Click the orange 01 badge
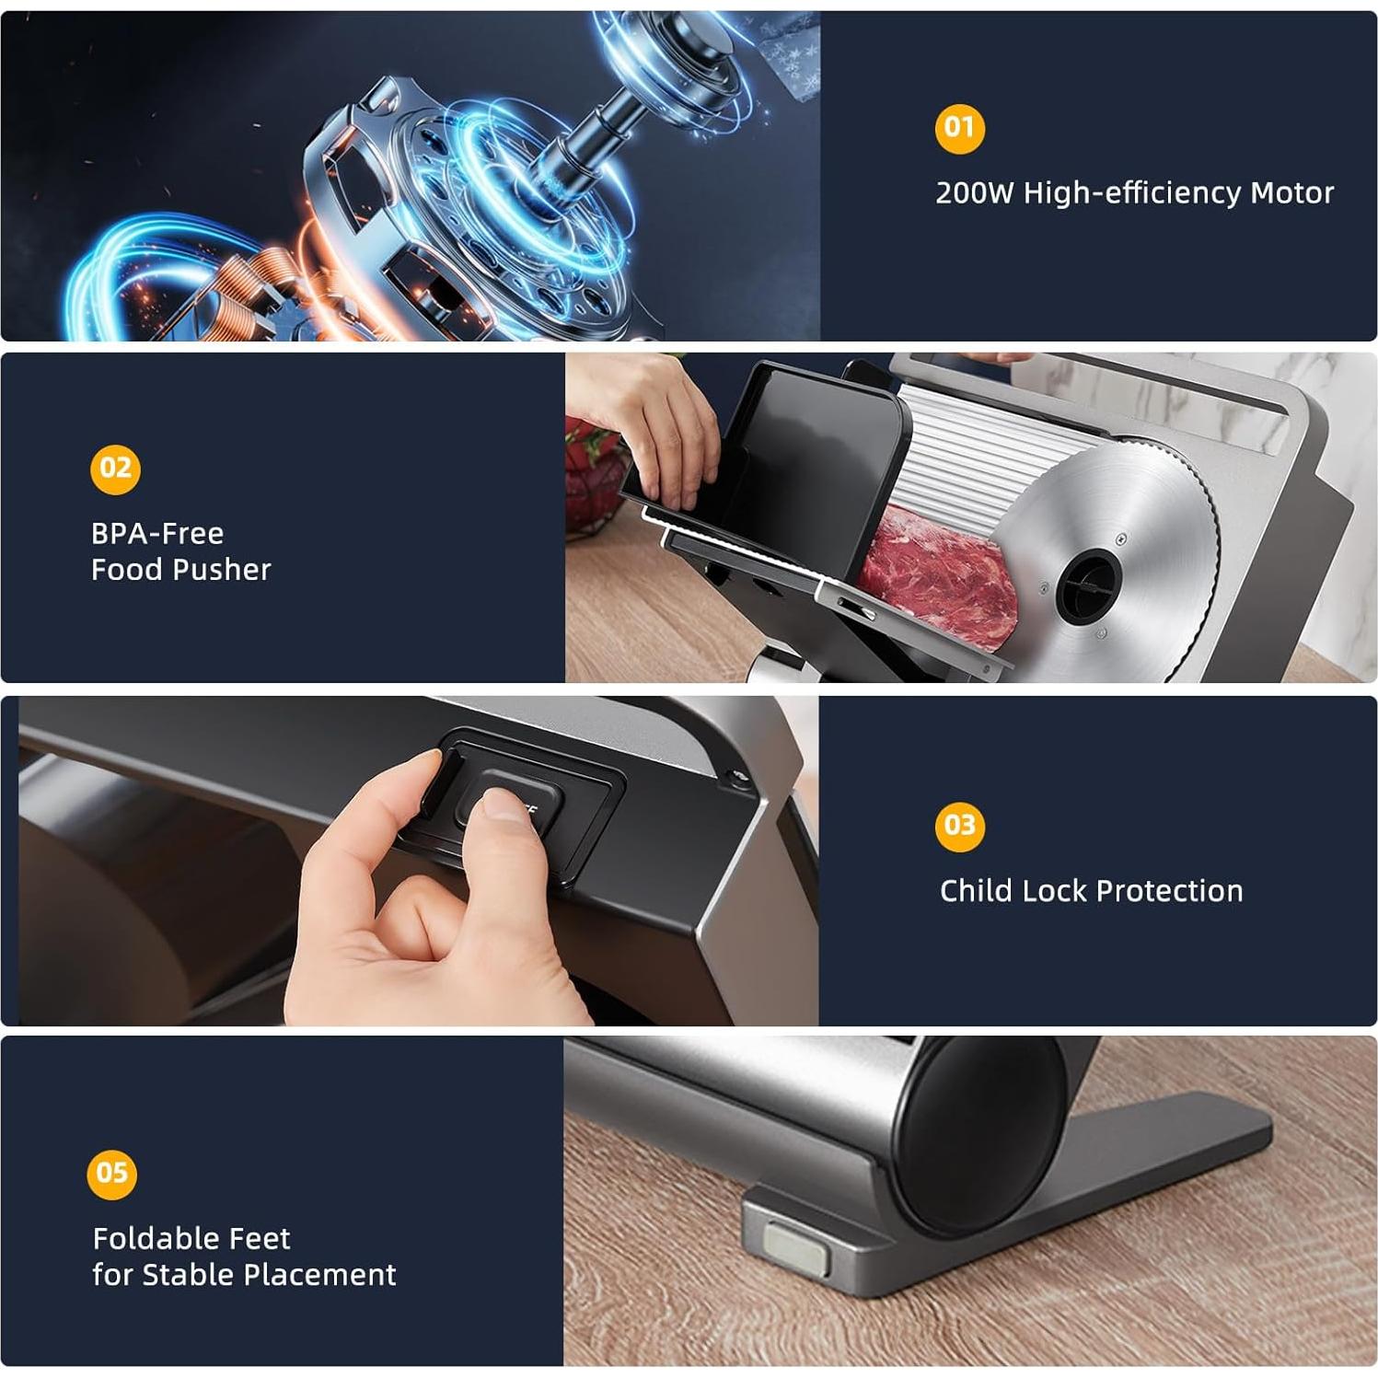pos(959,127)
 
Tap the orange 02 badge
pos(115,469)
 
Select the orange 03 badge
pos(959,825)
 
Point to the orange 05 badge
pos(111,1173)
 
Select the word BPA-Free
pos(157,533)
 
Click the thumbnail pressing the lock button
pos(502,804)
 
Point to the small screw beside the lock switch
pos(736,778)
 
